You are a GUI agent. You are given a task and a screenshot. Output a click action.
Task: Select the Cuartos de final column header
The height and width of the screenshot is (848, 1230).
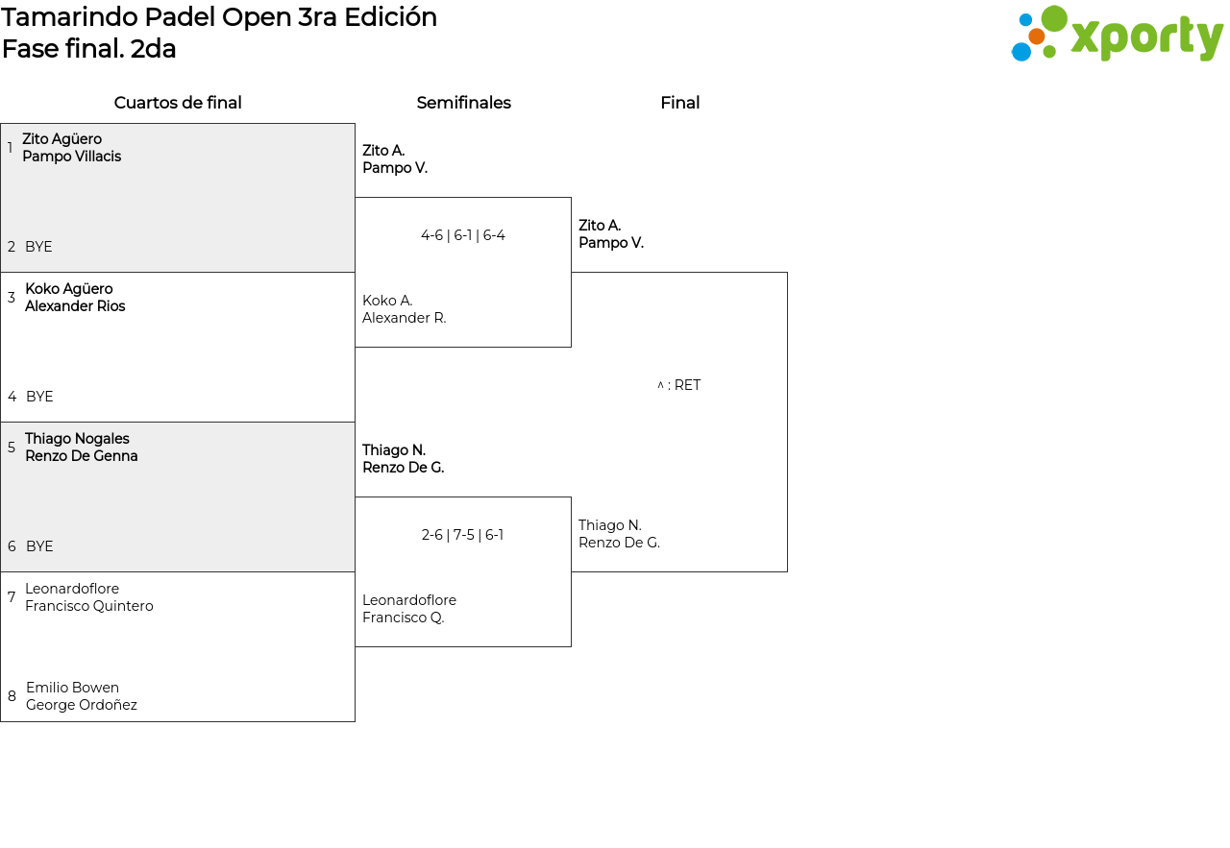[178, 103]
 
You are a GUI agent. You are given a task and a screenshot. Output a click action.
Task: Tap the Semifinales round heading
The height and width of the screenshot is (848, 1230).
[463, 103]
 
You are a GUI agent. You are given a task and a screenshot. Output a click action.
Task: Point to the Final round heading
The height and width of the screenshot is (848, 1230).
[679, 103]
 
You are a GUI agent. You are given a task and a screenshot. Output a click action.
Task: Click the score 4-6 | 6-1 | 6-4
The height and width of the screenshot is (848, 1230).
[463, 235]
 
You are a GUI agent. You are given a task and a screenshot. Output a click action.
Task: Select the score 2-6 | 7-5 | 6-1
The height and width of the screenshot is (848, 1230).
[462, 535]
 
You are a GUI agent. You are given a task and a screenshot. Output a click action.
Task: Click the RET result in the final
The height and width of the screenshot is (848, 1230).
[678, 385]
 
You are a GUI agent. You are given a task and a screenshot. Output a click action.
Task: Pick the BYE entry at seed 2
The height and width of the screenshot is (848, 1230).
[38, 247]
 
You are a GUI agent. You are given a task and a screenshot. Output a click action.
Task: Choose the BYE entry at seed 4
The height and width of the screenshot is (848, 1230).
[39, 397]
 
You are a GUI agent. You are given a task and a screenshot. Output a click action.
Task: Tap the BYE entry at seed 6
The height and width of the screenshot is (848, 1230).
[39, 546]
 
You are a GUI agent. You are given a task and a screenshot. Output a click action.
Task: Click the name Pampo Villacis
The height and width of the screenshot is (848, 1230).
[71, 157]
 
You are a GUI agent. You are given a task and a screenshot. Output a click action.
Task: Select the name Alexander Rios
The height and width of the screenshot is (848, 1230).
[75, 306]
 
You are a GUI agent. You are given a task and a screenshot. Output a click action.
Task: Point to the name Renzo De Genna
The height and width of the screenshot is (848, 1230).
[82, 456]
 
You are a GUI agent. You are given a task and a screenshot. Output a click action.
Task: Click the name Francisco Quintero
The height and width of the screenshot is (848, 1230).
[89, 606]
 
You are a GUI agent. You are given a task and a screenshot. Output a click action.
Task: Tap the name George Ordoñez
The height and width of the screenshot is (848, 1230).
[82, 705]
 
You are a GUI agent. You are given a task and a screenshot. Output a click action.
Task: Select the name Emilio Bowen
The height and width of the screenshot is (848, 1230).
[72, 688]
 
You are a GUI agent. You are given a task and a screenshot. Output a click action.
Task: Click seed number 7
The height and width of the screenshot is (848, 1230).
[12, 597]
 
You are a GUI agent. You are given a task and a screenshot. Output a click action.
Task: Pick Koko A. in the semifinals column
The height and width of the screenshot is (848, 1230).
[387, 301]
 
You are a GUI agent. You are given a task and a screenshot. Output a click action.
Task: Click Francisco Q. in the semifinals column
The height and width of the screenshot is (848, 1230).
[403, 618]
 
